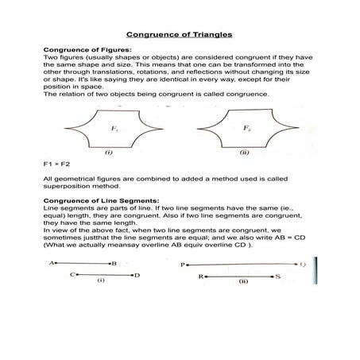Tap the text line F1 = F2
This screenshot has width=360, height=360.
pyautogui.click(x=57, y=164)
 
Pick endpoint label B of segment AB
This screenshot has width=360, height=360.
pyautogui.click(x=114, y=262)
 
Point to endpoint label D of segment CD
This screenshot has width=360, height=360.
pyautogui.click(x=137, y=275)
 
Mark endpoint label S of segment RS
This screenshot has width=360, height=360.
pyautogui.click(x=278, y=277)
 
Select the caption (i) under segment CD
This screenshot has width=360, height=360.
pyautogui.click(x=101, y=281)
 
